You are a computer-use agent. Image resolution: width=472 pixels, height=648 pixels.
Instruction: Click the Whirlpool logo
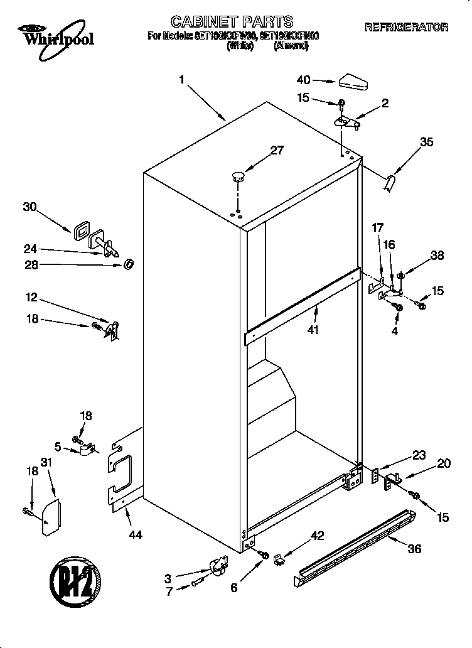point(56,35)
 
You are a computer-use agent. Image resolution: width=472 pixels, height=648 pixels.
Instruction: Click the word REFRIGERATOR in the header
point(407,27)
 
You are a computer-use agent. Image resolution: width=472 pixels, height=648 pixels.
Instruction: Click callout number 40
point(303,80)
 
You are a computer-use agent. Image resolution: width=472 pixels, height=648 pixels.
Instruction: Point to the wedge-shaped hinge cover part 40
point(355,80)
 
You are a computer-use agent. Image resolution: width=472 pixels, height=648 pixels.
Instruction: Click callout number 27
point(277,150)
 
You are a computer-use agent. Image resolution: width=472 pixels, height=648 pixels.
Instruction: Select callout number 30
point(29,207)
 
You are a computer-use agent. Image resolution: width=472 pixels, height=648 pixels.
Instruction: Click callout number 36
point(414,548)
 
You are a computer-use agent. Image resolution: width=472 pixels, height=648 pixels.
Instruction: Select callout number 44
point(135,535)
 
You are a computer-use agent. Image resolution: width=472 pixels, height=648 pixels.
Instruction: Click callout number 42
point(318,535)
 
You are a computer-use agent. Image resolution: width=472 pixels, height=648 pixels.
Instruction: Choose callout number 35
point(426,143)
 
